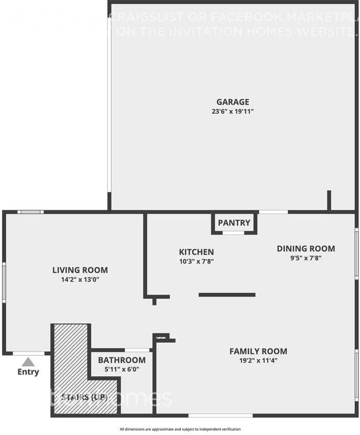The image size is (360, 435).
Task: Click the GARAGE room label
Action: point(233,102)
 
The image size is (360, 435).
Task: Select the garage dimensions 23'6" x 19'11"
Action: point(233,111)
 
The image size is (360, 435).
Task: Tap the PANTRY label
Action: point(234,223)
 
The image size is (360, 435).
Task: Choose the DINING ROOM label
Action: point(306,249)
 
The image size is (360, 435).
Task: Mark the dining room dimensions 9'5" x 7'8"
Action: point(306,258)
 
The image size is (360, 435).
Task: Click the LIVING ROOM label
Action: point(80,270)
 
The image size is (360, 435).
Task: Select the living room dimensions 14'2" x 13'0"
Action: point(80,280)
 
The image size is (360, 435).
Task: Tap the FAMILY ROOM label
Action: point(258,351)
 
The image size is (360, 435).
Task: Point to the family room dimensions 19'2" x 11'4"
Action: point(258,360)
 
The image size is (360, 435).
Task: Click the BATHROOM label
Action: point(121,360)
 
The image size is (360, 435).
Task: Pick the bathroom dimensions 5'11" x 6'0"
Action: point(121,369)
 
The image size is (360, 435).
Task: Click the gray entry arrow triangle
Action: point(28,362)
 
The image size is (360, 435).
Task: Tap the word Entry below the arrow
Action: point(28,372)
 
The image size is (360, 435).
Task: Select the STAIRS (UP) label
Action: point(85,397)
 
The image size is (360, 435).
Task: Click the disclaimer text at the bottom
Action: point(180,429)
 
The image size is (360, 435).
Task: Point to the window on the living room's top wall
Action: point(30,212)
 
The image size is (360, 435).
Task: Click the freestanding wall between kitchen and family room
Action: point(227,295)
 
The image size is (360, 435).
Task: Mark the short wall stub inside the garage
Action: point(329,200)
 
